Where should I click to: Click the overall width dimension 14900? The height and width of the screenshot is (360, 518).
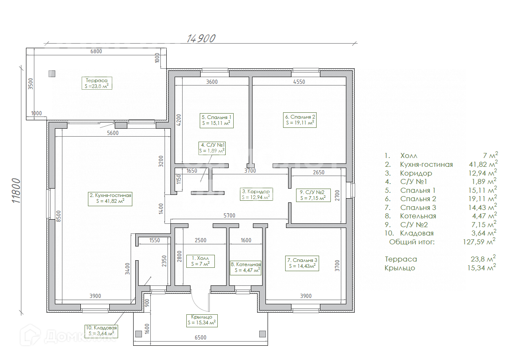point(201,38)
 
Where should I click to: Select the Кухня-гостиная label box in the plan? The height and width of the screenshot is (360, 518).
point(110,198)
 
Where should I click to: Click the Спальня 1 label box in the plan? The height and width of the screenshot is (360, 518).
point(216,120)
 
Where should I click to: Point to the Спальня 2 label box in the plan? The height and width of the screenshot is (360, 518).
point(299,120)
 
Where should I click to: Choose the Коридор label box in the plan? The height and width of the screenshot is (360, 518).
point(256,194)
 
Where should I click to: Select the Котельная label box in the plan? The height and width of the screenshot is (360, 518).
point(246,267)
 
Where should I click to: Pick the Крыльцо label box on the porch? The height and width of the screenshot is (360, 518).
point(201,320)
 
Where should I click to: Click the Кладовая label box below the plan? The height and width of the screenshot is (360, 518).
point(101,331)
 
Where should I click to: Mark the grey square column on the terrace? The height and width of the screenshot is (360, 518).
point(52,74)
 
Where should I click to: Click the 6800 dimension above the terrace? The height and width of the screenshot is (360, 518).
point(96,52)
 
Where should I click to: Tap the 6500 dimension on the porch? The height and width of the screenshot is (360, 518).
point(201,338)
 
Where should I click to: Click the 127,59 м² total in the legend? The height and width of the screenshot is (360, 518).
point(483,241)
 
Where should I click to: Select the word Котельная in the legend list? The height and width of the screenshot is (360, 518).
point(418,216)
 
